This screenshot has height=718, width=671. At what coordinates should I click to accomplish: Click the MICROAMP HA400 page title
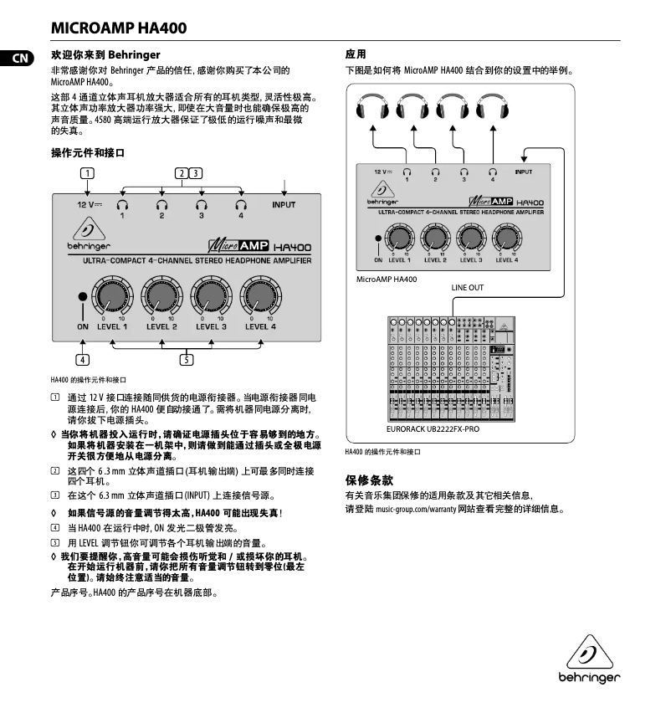[x=119, y=28]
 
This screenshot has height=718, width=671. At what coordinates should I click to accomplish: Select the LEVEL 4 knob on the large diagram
[x=260, y=296]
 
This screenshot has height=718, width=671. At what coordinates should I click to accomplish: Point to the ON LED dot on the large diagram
[x=82, y=297]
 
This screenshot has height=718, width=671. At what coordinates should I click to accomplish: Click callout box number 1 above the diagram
[x=86, y=173]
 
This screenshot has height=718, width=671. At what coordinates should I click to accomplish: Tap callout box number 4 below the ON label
[x=82, y=360]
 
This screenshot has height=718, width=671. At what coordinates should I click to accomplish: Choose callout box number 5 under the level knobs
[x=186, y=360]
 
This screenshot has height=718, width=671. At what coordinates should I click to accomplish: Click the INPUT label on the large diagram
[x=284, y=204]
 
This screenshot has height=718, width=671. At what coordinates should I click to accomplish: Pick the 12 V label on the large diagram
[x=90, y=204]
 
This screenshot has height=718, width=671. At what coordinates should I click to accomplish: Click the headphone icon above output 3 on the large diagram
[x=201, y=203]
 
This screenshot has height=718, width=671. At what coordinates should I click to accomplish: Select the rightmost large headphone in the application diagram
[x=493, y=108]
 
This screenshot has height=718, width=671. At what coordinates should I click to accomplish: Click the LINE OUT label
[x=468, y=287]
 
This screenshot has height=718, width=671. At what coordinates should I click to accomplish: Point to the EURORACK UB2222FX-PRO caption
[x=433, y=429]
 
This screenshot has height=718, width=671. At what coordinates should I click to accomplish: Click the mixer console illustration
[x=452, y=368]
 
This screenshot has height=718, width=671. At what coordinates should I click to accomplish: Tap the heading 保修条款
[x=369, y=480]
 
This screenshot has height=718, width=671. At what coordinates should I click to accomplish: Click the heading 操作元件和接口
[x=87, y=153]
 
